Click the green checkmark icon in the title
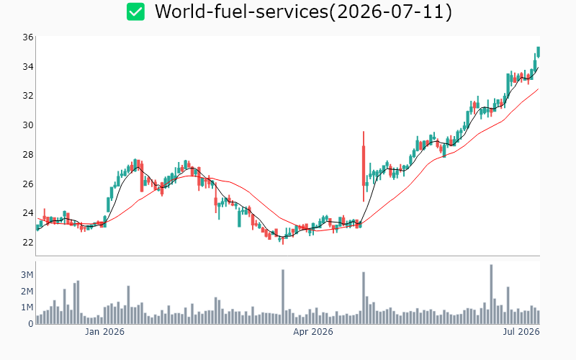[135, 12]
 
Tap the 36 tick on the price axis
[27, 37]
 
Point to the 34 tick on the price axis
[27, 67]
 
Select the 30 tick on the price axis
[27, 125]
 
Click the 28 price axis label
[27, 155]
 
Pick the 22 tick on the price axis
[27, 243]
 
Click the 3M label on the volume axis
[27, 275]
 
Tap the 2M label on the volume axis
[27, 292]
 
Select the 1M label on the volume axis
[27, 307]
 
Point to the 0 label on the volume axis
[31, 324]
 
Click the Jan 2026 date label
[104, 332]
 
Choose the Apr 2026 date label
[313, 332]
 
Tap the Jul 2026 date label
[521, 332]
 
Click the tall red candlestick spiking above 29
[364, 166]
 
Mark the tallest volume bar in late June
[492, 294]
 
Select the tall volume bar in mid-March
[283, 297]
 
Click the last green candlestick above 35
[538, 52]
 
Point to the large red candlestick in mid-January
[142, 176]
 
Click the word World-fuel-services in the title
[241, 12]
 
